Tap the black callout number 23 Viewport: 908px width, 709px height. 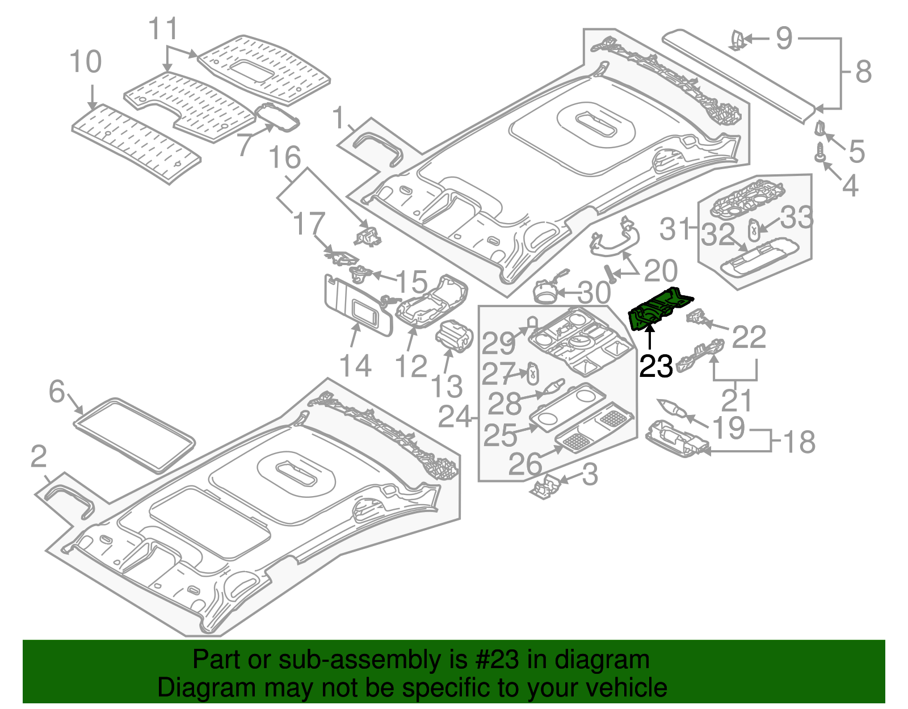[x=656, y=366]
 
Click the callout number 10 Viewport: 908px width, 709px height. [x=86, y=62]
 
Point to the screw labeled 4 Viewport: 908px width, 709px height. [x=819, y=152]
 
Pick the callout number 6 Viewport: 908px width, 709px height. [x=57, y=392]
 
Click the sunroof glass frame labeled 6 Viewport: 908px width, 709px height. [x=134, y=434]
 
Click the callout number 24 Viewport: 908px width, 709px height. [x=455, y=418]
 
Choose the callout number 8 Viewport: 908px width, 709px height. [x=863, y=73]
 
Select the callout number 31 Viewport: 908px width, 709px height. [x=675, y=229]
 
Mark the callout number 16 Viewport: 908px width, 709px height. [x=284, y=158]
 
